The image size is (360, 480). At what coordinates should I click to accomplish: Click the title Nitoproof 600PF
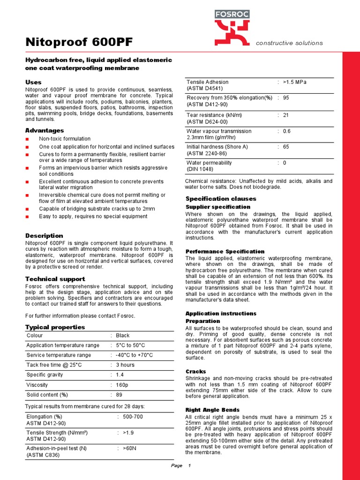coord(79,43)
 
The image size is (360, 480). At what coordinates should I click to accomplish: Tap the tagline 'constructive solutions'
coord(289,43)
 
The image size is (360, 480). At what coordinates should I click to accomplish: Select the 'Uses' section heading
coord(33,82)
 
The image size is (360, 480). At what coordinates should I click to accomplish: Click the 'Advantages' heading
coord(44,130)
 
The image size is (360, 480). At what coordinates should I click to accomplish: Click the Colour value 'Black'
coord(123,336)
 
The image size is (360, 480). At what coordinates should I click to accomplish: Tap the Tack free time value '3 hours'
coord(125,365)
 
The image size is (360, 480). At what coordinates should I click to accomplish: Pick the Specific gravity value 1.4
coord(120,375)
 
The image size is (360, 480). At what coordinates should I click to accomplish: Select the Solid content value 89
coord(119,395)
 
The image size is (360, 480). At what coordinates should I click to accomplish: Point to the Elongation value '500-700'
coord(134,416)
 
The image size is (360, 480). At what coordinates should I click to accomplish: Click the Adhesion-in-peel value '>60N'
coord(130,448)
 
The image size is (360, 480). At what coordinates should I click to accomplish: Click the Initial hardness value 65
coord(286,147)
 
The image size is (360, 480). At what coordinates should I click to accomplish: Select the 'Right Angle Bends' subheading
coord(212,410)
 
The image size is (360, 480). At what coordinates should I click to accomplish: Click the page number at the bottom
coord(189,465)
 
